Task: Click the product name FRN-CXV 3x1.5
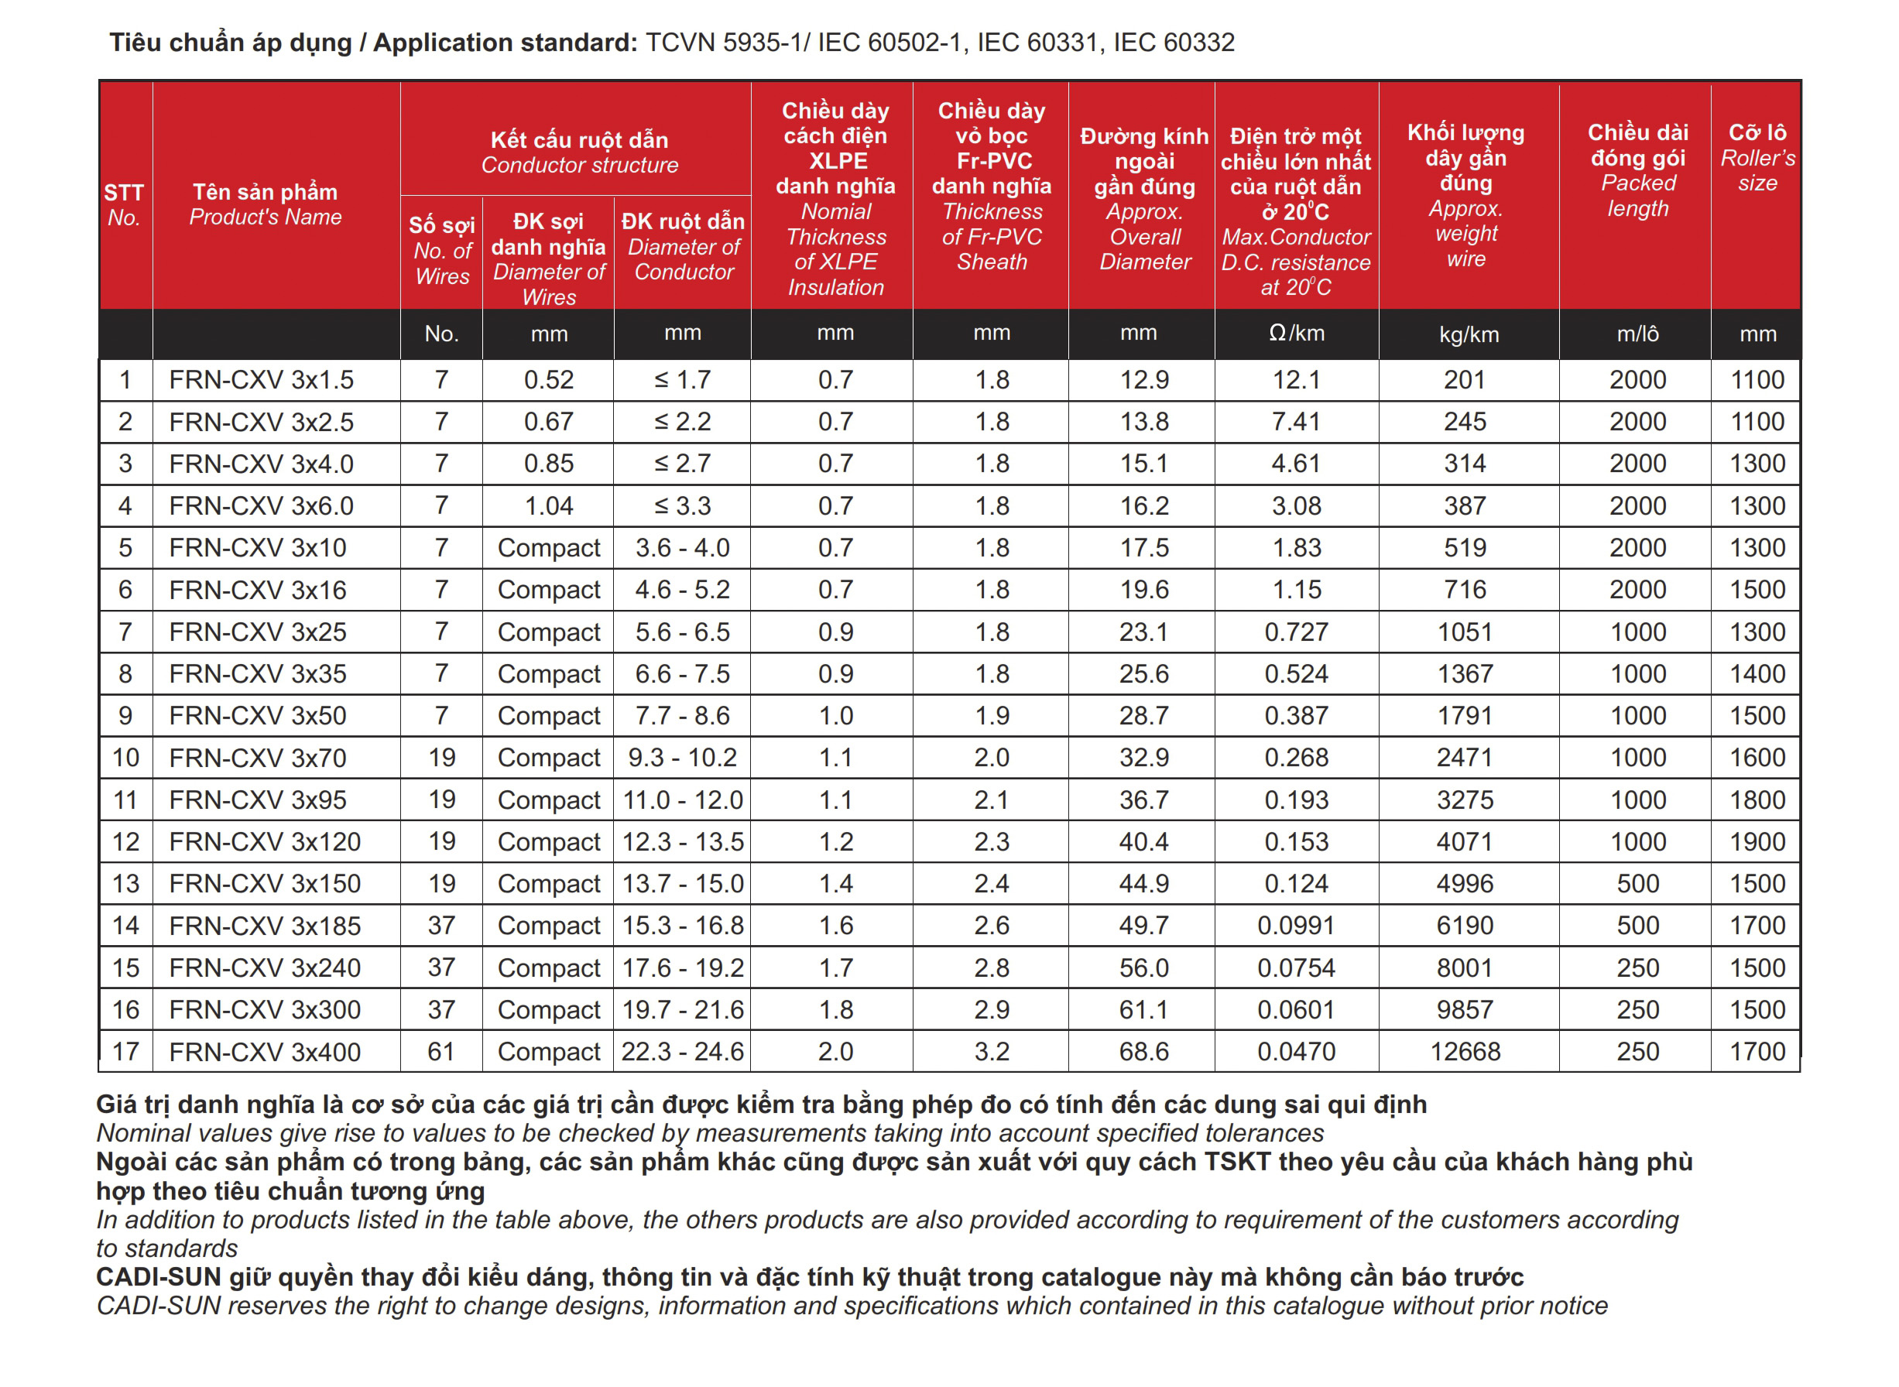click(x=261, y=379)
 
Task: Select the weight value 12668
click(x=1465, y=1051)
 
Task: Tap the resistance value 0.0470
click(x=1295, y=1051)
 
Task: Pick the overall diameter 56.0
click(x=1143, y=967)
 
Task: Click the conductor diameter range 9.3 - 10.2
click(x=682, y=757)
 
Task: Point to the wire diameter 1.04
click(x=548, y=505)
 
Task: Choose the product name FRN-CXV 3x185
click(x=265, y=925)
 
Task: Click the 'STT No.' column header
click(x=124, y=205)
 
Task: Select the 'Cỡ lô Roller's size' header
click(x=1757, y=157)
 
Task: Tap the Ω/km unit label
click(x=1295, y=334)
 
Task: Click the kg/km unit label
click(x=1469, y=334)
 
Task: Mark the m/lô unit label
click(x=1637, y=334)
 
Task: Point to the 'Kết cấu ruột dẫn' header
click(x=579, y=140)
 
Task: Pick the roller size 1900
click(x=1757, y=841)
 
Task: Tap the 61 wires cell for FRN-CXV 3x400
click(x=441, y=1051)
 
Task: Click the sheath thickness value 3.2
click(x=992, y=1051)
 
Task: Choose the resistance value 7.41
click(x=1295, y=422)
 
